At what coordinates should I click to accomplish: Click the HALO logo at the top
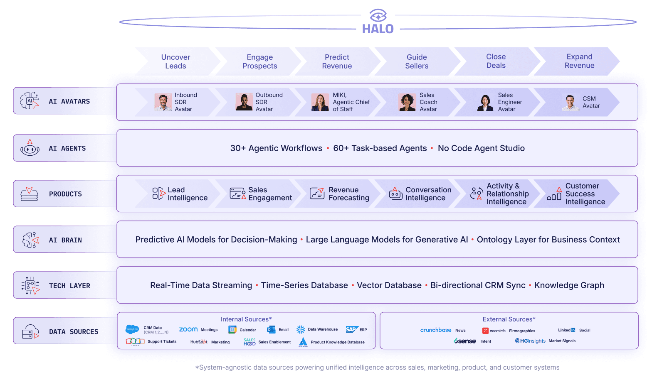[x=378, y=22]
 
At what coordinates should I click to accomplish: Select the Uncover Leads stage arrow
[x=175, y=61]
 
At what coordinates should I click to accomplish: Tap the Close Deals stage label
[x=496, y=61]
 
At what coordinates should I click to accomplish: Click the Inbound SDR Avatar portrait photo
[x=163, y=102]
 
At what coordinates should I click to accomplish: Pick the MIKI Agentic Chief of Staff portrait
[x=320, y=102]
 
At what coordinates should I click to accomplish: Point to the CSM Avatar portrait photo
[x=570, y=102]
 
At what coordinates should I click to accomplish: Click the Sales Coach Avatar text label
[x=428, y=102]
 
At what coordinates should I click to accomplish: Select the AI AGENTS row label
[x=67, y=148]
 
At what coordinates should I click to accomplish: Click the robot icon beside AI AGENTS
[x=30, y=148]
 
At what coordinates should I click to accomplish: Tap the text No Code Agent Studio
[x=481, y=148]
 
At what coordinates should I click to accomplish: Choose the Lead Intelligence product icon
[x=158, y=194]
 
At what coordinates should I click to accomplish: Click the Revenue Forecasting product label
[x=348, y=194]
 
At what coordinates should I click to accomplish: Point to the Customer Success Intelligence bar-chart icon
[x=554, y=194]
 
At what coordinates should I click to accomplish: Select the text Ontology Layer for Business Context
[x=548, y=240]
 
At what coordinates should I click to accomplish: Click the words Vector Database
[x=389, y=285]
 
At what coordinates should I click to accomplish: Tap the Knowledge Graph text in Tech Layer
[x=569, y=285]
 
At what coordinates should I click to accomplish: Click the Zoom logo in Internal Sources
[x=188, y=329]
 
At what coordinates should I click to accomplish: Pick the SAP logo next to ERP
[x=351, y=329]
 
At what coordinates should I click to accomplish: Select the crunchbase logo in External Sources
[x=435, y=330]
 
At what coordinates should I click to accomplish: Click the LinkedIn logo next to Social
[x=566, y=330]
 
